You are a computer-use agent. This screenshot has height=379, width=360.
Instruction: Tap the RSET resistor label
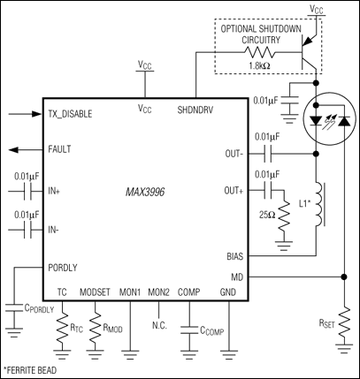[x=327, y=322]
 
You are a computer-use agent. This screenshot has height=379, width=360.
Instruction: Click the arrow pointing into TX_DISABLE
[x=19, y=114]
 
